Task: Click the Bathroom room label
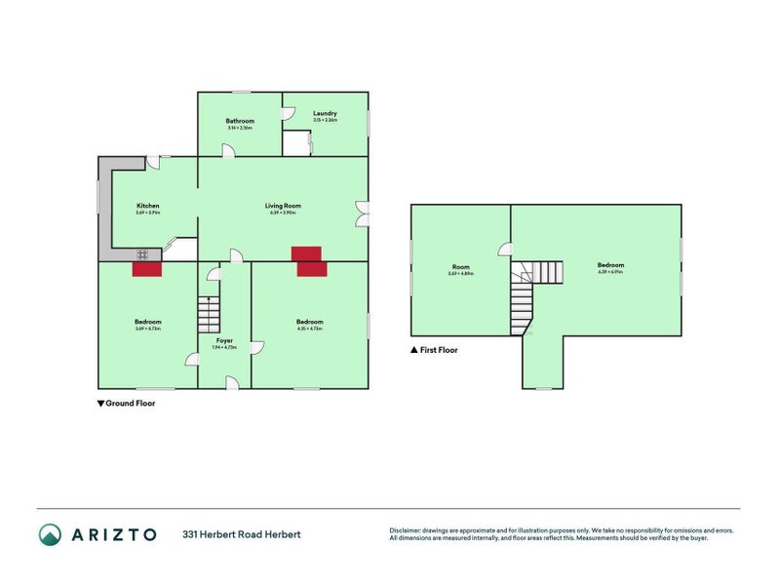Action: coord(240,121)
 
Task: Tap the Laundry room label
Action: coord(325,113)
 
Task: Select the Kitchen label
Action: coord(148,206)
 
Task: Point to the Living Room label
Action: coord(283,206)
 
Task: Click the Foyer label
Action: coord(224,340)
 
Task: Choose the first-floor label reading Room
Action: coord(460,267)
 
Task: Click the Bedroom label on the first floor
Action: coord(610,265)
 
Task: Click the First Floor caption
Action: coord(438,349)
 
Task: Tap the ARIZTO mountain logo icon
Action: coord(50,534)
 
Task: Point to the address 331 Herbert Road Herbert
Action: coord(241,534)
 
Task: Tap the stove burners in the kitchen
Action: coord(142,254)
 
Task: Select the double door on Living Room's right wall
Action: coord(361,214)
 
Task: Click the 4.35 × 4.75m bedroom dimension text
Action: coord(310,329)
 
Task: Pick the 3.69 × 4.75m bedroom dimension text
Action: coord(148,329)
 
